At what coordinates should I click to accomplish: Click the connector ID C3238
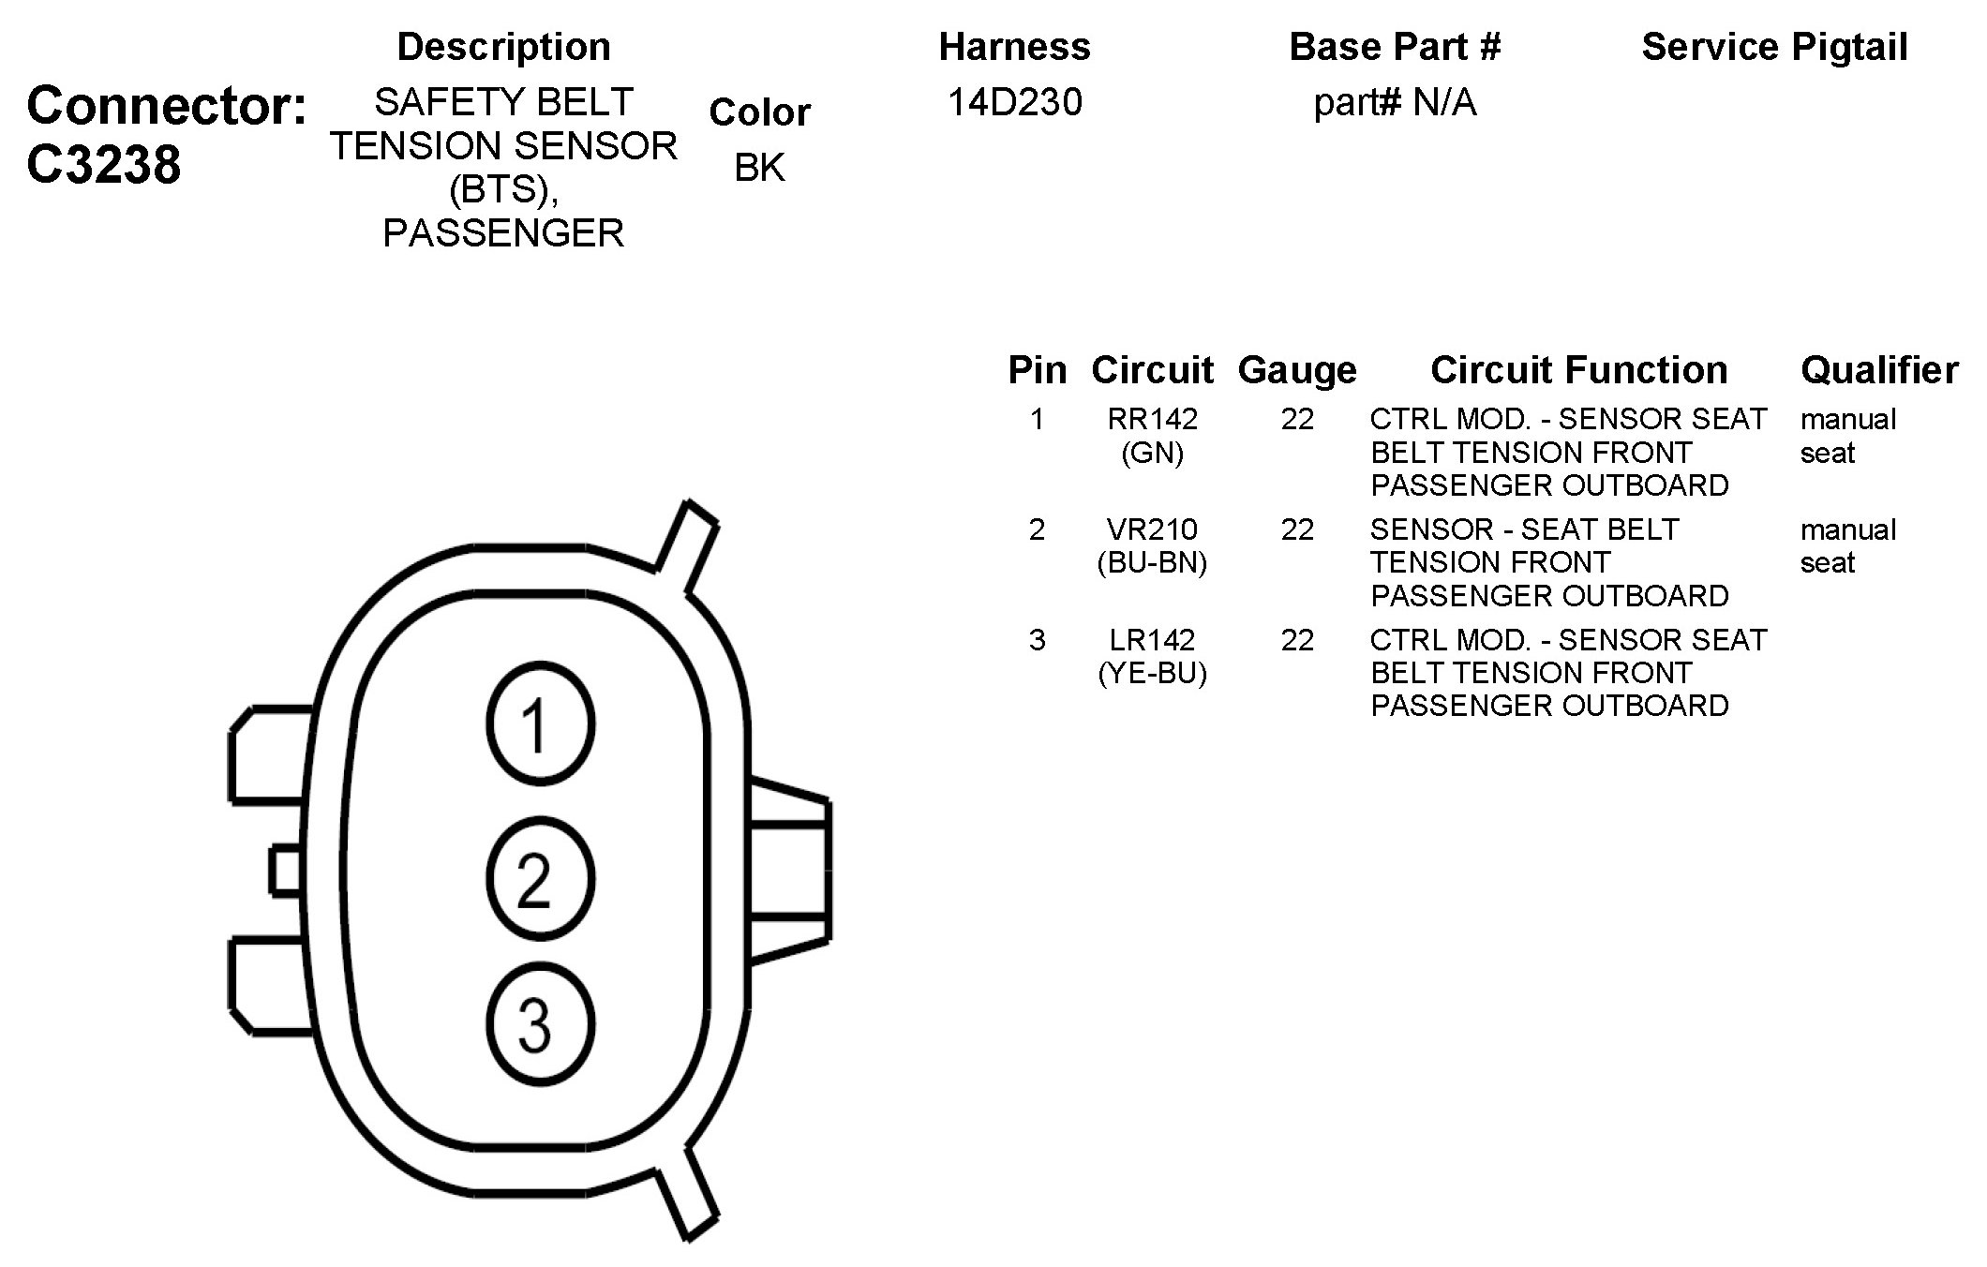[103, 165]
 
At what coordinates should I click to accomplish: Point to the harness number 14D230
[1014, 102]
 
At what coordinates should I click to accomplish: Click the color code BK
[759, 168]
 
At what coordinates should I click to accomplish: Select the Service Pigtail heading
[1774, 47]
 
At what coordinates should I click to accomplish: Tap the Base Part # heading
[1395, 47]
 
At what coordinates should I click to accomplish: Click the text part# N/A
[1395, 102]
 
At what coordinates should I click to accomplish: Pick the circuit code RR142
[1152, 419]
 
